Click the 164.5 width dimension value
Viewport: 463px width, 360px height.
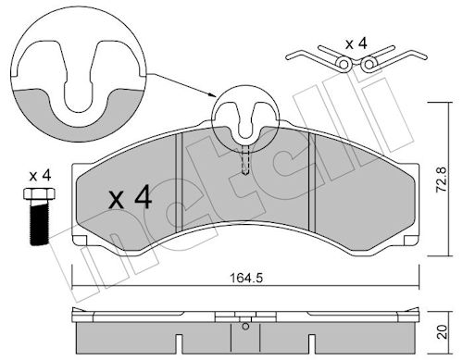coord(246,279)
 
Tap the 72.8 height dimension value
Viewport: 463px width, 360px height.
coord(442,180)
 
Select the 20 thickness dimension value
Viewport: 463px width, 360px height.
coord(443,331)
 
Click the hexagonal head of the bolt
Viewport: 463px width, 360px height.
coord(39,193)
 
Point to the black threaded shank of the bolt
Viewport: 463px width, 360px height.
coord(40,222)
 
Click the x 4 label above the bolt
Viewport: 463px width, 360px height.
coord(40,176)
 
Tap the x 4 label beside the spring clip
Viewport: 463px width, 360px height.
coord(357,44)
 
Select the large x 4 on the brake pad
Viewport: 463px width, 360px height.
coord(131,197)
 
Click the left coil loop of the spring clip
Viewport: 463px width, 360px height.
coord(344,64)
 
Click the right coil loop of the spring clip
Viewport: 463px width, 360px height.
coord(369,64)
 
